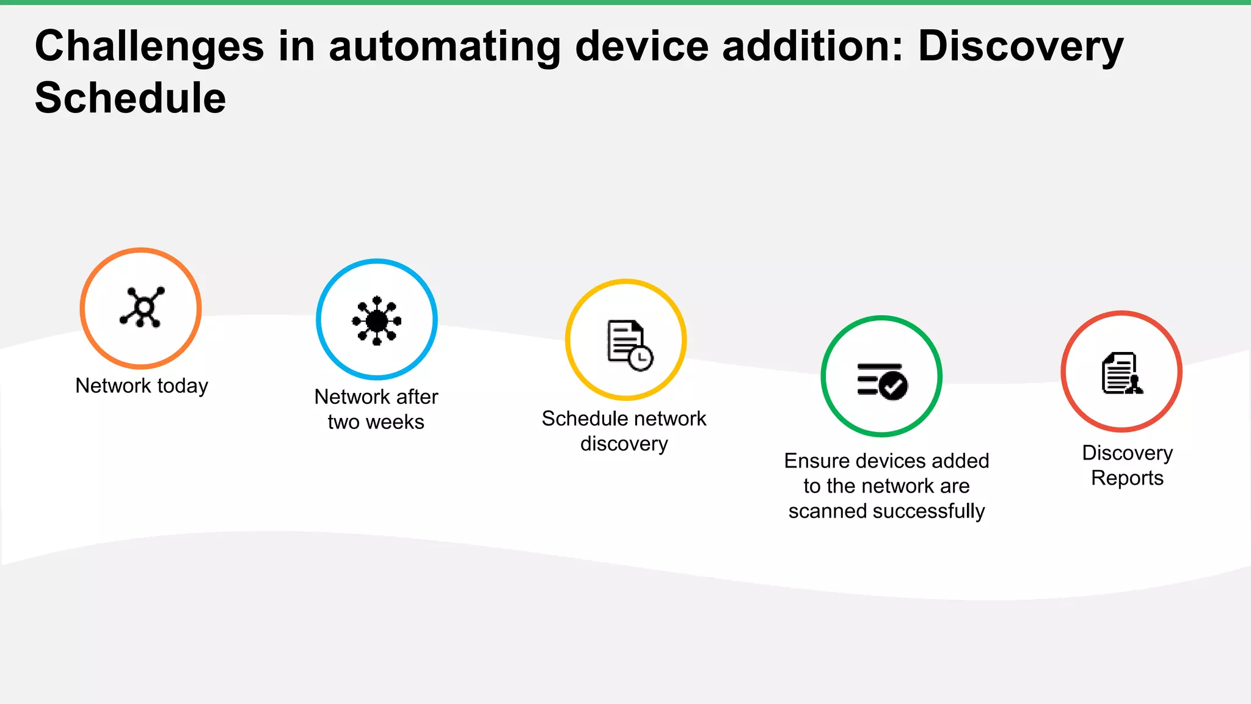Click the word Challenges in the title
point(149,46)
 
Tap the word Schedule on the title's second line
point(130,98)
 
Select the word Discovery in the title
point(1020,46)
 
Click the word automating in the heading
point(445,46)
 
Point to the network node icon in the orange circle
point(142,307)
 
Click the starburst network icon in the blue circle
point(377,320)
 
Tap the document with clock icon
point(628,343)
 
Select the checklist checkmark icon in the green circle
point(881,381)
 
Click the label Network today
point(142,386)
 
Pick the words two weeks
point(376,422)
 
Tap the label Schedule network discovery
point(624,431)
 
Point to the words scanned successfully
point(886,511)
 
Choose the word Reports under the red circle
point(1127,478)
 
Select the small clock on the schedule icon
point(640,358)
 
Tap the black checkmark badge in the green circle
point(895,386)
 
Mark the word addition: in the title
point(812,46)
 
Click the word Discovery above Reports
point(1127,453)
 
